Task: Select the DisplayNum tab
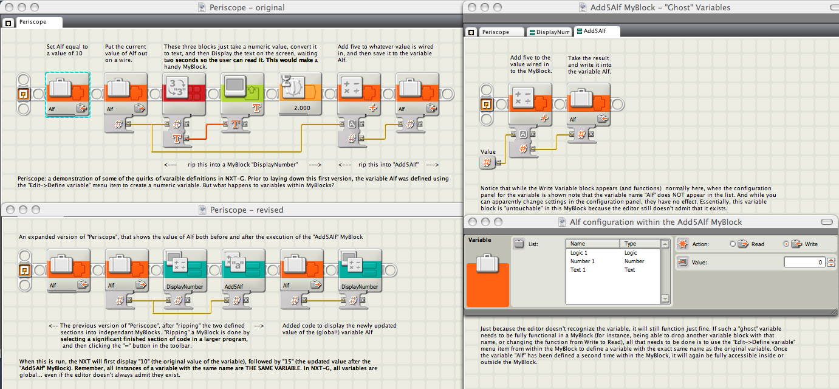549,32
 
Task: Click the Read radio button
733,244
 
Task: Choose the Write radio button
786,244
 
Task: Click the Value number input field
804,263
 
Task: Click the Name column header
592,244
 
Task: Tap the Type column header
640,244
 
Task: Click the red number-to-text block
184,94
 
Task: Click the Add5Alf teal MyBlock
244,270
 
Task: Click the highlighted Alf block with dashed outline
67,94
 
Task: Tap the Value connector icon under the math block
487,162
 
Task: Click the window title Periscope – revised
247,210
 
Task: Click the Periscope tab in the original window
33,22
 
